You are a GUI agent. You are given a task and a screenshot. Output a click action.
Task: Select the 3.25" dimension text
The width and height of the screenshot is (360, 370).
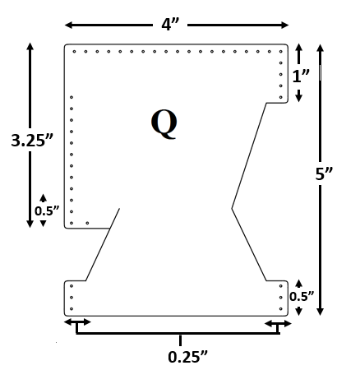32,140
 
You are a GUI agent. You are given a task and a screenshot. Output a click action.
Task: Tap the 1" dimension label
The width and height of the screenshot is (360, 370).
301,76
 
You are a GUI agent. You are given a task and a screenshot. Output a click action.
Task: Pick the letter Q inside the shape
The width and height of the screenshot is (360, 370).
164,123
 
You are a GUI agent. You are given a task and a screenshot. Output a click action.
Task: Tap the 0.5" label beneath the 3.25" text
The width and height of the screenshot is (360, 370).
47,210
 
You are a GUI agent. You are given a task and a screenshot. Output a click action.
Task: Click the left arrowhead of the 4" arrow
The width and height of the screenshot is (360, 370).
68,25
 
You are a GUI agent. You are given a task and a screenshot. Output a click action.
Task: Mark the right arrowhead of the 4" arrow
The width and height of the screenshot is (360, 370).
283,25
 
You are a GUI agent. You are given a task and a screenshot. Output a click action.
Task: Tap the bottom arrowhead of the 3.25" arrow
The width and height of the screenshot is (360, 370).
30,223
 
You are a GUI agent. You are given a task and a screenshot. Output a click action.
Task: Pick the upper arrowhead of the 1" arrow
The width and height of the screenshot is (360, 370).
299,49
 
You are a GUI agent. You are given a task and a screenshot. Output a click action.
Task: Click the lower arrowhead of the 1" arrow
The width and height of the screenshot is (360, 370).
299,97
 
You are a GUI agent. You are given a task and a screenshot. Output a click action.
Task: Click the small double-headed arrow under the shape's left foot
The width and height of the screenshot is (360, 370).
78,321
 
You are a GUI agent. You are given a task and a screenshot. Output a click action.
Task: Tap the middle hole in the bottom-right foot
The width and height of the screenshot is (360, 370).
282,298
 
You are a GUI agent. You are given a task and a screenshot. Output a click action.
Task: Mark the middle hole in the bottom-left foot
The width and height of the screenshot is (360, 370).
72,298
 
